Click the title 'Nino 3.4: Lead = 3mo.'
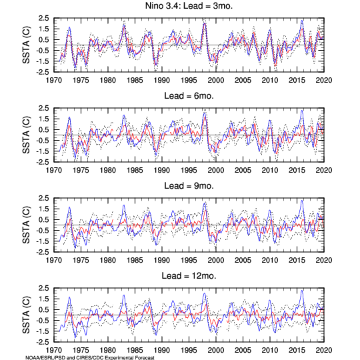[x=189, y=6]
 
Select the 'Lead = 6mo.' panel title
[x=189, y=96]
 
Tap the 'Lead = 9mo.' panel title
[x=189, y=186]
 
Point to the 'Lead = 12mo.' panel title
[x=189, y=276]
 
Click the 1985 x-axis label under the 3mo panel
[x=135, y=80]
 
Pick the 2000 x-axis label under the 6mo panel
[x=216, y=170]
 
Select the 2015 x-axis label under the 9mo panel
[x=297, y=260]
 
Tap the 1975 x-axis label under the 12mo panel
[x=81, y=350]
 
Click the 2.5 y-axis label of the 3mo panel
[x=43, y=18]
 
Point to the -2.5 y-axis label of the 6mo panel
[x=43, y=162]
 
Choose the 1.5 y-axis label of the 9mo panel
[x=43, y=209]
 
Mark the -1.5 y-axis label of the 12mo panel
[x=43, y=331]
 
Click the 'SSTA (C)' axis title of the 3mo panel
[x=26, y=45]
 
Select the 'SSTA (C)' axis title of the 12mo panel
[x=26, y=315]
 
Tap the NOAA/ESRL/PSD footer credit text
[x=90, y=357]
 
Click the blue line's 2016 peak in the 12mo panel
[x=302, y=291]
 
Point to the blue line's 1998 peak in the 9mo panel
[x=205, y=203]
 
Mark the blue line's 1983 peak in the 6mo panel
[x=124, y=115]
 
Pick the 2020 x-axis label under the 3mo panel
[x=324, y=80]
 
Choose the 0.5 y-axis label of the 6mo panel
[x=43, y=130]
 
